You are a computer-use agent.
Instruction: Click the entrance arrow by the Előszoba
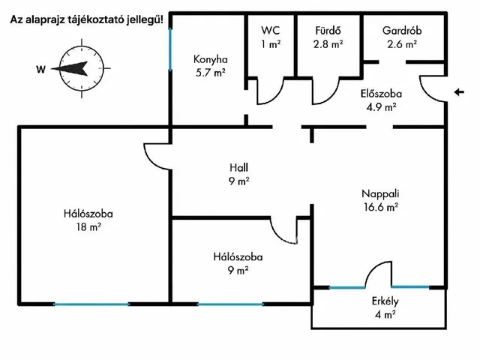[x=459, y=92]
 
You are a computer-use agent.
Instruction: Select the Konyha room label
[x=209, y=60]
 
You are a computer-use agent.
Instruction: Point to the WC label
[x=270, y=30]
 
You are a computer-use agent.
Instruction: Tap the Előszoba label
[x=380, y=94]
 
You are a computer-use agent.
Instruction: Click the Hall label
[x=239, y=167]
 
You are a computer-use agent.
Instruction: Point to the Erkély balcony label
[x=384, y=302]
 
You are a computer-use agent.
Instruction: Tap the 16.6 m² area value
[x=381, y=207]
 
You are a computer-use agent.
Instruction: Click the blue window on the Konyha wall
[x=170, y=51]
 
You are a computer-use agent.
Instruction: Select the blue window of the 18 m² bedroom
[x=91, y=304]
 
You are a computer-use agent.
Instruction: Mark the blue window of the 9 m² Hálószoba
[x=229, y=304]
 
